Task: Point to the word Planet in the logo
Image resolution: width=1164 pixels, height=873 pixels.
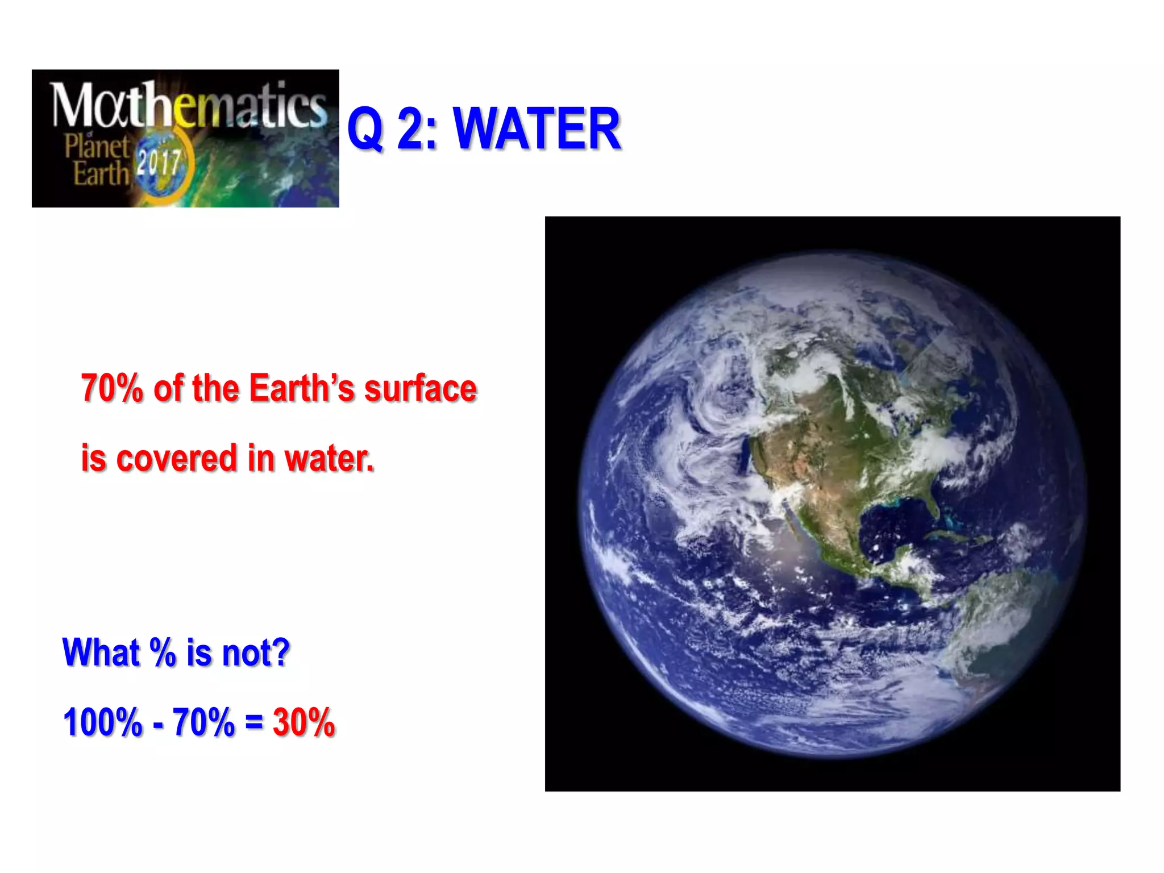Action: point(97,147)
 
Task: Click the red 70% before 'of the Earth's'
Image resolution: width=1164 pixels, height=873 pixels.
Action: point(111,389)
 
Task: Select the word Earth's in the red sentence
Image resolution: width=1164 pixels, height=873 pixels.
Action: point(301,389)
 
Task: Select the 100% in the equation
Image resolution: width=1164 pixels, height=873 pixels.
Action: point(102,723)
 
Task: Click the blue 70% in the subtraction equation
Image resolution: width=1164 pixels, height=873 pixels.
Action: point(203,723)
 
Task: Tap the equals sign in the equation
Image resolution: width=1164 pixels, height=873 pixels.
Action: point(253,723)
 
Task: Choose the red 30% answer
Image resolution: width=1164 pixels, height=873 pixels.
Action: point(304,723)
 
